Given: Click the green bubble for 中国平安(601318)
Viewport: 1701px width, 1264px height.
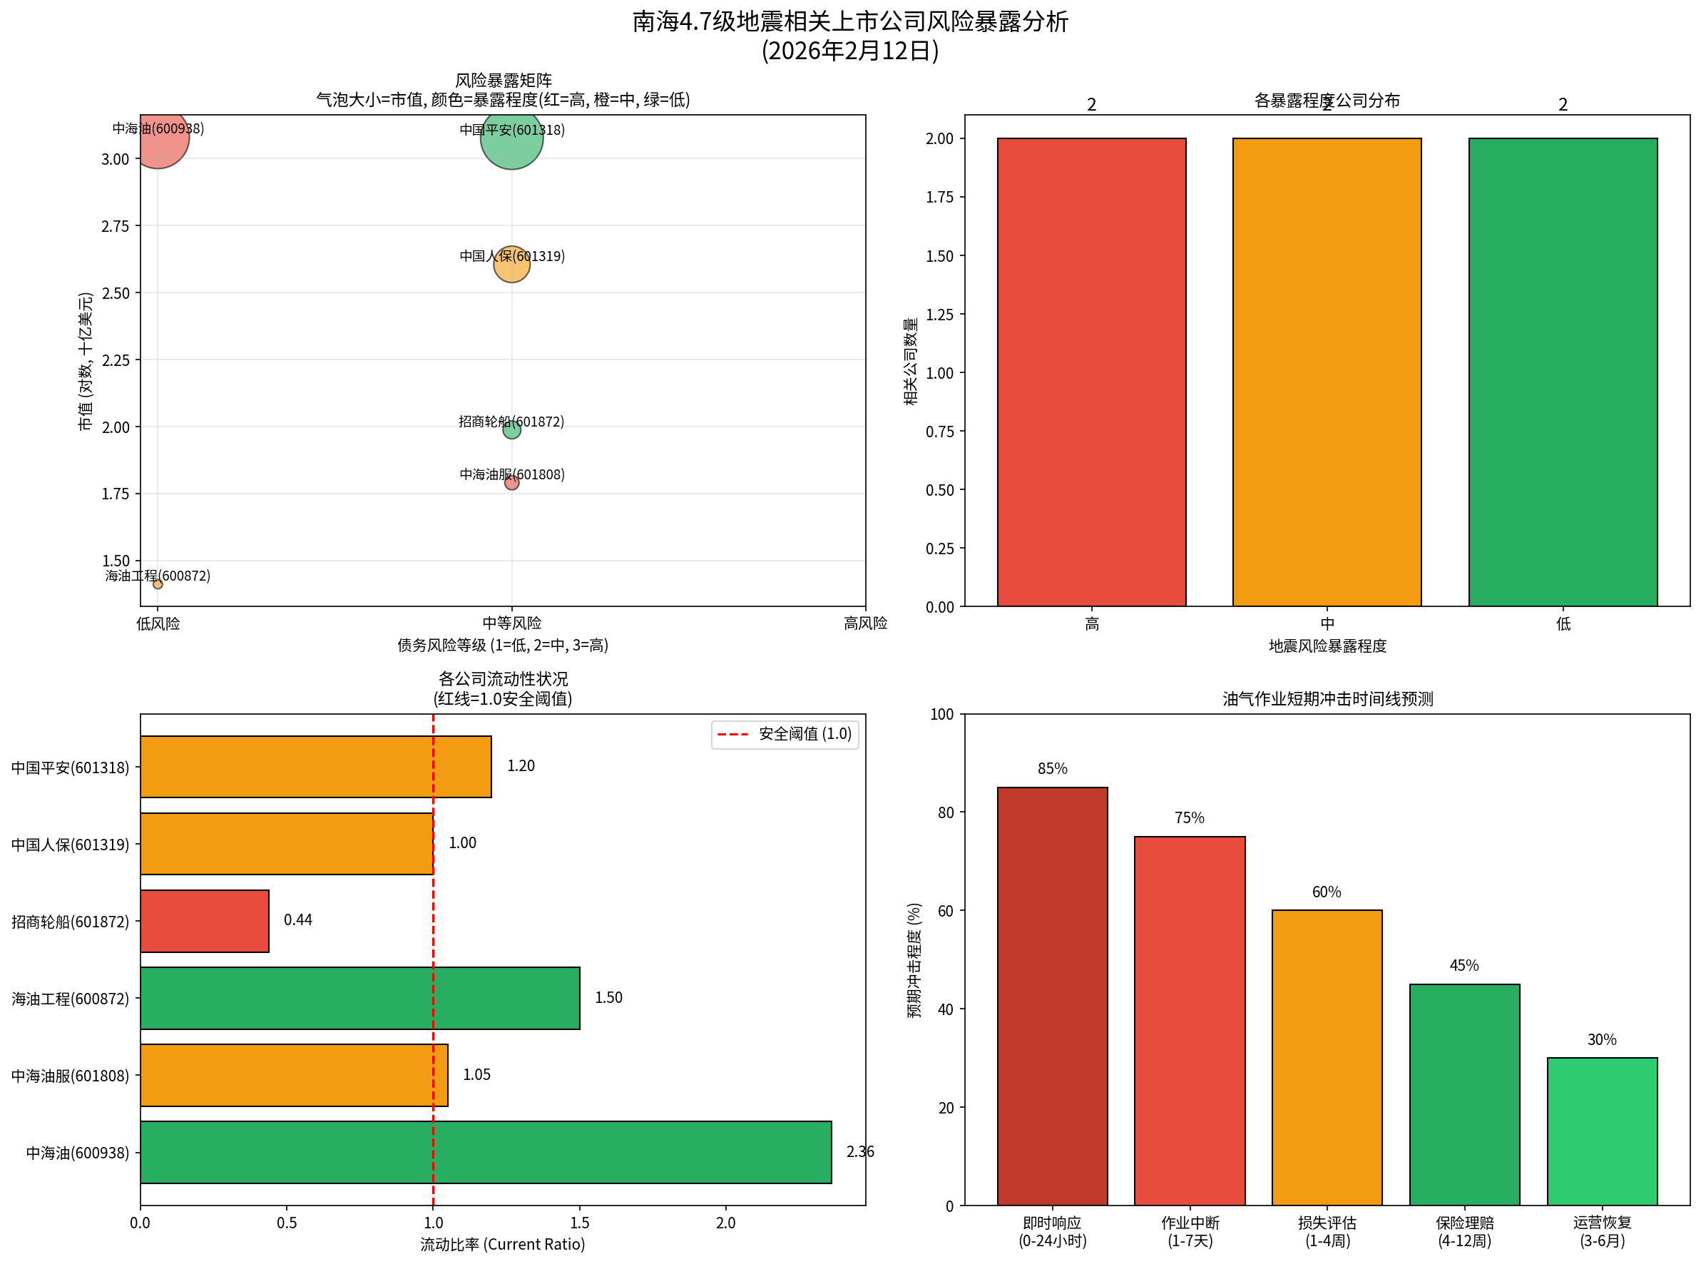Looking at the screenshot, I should (x=511, y=138).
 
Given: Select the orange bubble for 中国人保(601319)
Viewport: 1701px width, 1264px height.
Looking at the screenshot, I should (x=511, y=264).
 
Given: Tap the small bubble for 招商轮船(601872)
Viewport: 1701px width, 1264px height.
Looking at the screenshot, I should (x=511, y=430).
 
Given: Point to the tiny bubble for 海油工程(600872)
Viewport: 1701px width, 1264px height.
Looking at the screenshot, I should (x=158, y=583).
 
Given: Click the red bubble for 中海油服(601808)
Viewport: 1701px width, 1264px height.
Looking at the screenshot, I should (x=511, y=483).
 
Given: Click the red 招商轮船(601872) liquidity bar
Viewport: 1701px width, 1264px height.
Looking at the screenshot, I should (x=204, y=920).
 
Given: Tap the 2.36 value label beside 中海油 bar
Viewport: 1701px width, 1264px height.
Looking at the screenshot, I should (x=859, y=1151).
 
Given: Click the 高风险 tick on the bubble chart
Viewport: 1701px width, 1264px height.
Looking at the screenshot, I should (x=864, y=623).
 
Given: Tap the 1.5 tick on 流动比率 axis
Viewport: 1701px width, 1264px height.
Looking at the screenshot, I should (x=579, y=1223).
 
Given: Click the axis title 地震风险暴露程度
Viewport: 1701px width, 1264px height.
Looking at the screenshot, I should (x=1327, y=646).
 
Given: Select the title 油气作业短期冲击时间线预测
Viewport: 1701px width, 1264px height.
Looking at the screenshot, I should (x=1327, y=698).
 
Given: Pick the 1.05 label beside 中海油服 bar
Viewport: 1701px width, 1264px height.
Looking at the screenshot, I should (x=476, y=1074).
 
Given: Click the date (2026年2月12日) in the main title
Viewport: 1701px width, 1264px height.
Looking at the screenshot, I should (x=849, y=51).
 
